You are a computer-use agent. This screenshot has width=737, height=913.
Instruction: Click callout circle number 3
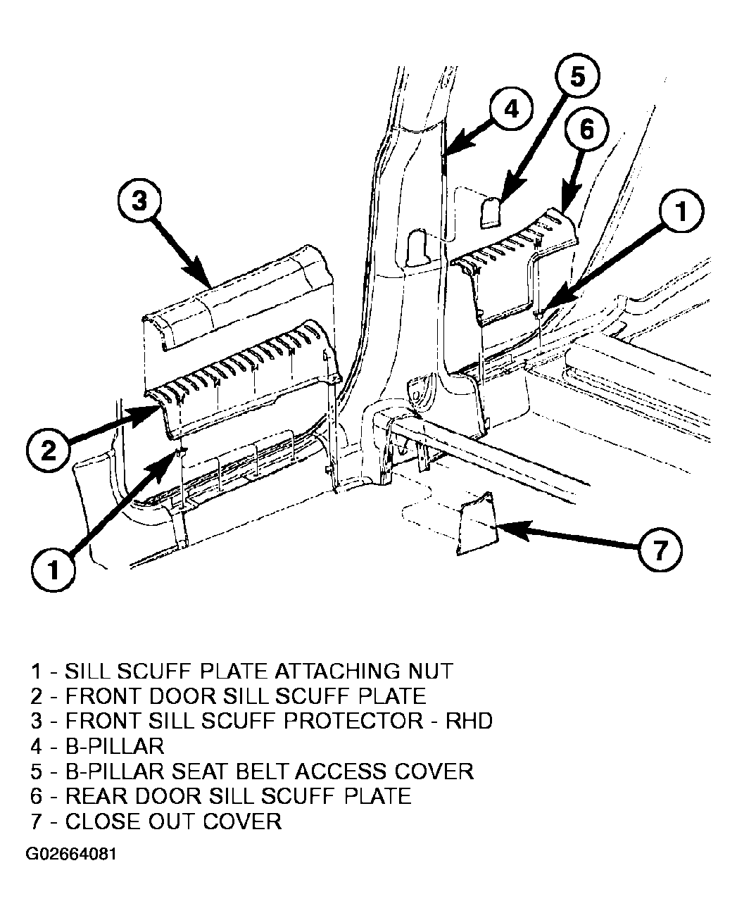(x=139, y=201)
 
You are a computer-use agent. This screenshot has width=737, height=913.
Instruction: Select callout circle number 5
(x=577, y=76)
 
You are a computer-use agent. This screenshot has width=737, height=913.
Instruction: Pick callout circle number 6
(x=586, y=130)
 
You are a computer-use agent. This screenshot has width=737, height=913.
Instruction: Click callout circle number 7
(x=660, y=550)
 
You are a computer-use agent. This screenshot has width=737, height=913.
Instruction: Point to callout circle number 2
(x=49, y=451)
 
